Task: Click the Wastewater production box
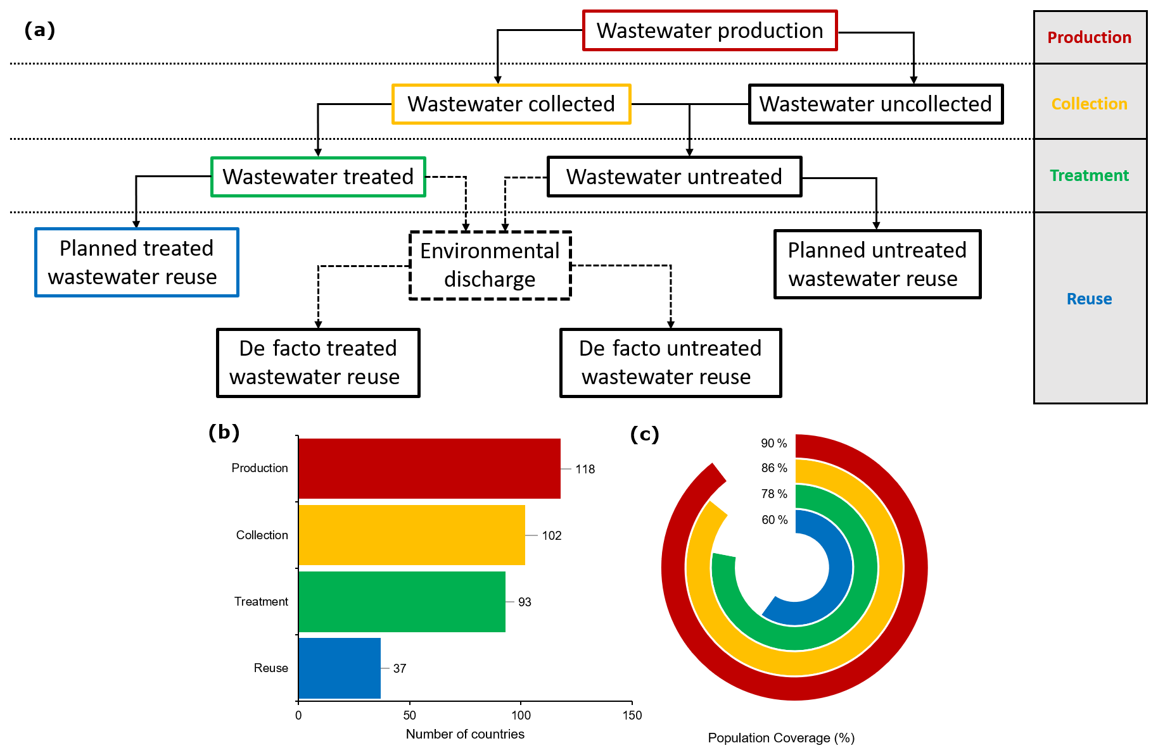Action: (709, 30)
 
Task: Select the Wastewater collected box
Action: (511, 104)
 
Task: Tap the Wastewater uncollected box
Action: (875, 104)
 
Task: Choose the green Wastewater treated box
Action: (318, 177)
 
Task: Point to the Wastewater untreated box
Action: (674, 177)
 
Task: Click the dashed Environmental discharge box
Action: (490, 265)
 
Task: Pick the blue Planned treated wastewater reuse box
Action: (136, 263)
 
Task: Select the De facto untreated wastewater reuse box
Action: (670, 363)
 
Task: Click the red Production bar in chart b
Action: (429, 468)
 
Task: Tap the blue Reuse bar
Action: (339, 668)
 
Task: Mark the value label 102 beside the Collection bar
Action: (552, 535)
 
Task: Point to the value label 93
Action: (525, 602)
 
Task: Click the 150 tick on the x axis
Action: (632, 715)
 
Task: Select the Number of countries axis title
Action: (465, 734)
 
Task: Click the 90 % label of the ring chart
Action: (773, 443)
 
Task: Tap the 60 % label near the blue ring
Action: (774, 520)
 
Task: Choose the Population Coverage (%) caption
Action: (781, 738)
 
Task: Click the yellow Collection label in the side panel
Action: (1089, 104)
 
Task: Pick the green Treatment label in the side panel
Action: (1089, 175)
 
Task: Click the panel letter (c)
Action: (644, 434)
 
